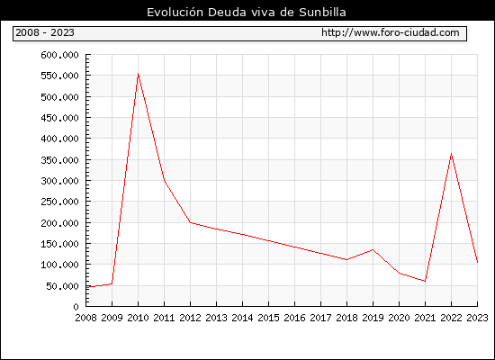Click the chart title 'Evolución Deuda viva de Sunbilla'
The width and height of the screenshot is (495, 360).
click(x=247, y=12)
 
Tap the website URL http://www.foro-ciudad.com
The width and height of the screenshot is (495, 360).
click(x=391, y=32)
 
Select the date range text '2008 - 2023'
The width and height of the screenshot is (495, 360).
click(x=45, y=32)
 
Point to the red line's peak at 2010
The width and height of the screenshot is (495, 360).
click(x=138, y=74)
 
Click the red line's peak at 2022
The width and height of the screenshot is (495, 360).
click(x=452, y=154)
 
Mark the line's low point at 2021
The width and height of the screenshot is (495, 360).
click(x=425, y=281)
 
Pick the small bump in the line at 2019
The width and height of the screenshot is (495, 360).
click(x=373, y=250)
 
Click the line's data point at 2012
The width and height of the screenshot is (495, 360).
click(x=190, y=222)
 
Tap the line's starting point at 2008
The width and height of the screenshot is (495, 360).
click(x=86, y=287)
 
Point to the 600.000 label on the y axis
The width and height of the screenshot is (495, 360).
click(x=59, y=55)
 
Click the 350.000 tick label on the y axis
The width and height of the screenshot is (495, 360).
click(x=59, y=160)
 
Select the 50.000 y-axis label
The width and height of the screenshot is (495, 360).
click(x=62, y=286)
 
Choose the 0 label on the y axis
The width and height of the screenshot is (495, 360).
click(x=76, y=307)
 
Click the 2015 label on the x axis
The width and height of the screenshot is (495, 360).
click(x=268, y=318)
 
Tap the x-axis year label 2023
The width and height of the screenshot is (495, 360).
click(x=477, y=318)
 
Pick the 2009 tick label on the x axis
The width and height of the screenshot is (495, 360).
click(x=112, y=318)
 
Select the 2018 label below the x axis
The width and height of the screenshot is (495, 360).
click(x=346, y=318)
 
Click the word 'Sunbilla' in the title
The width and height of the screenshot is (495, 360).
click(x=322, y=12)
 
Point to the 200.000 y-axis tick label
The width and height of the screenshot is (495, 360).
click(x=59, y=223)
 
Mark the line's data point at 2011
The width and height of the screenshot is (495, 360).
click(x=164, y=180)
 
